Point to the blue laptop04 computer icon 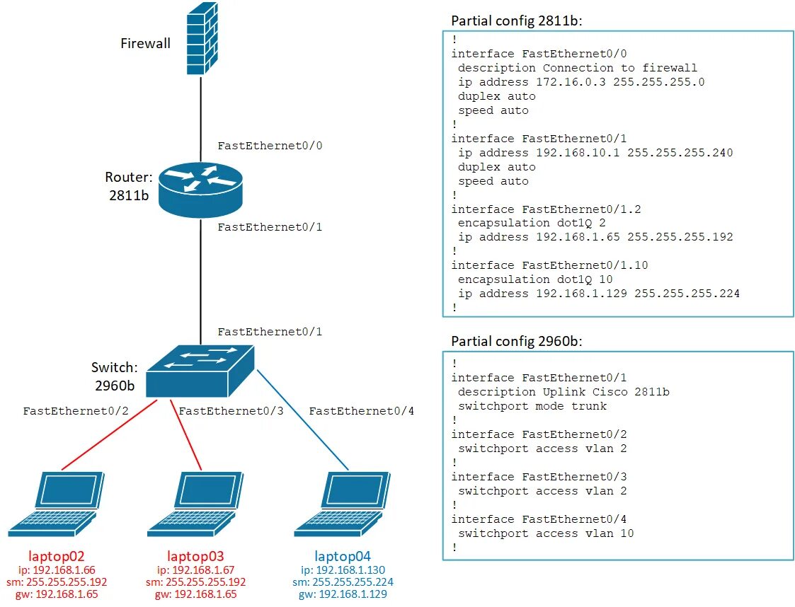343,504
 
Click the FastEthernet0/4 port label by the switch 361,411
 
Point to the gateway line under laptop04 343,594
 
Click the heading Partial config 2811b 517,21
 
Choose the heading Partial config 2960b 517,342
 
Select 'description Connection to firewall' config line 577,68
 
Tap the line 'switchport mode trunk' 532,406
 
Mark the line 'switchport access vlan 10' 546,533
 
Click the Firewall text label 145,44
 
